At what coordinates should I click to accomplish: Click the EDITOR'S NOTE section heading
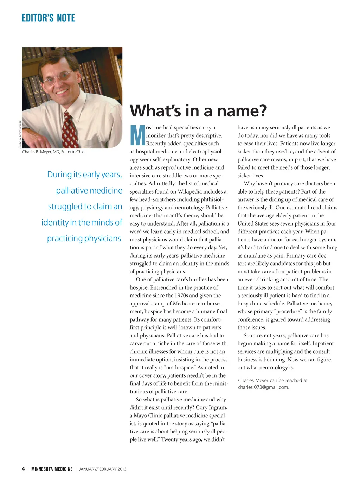[x=48, y=18]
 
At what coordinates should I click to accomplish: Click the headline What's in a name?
[x=198, y=110]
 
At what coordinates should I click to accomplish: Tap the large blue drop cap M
[x=137, y=135]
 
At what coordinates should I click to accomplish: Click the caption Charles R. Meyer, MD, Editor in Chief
[x=54, y=152]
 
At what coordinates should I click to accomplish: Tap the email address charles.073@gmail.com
[x=263, y=387]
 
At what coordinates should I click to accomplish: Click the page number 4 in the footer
[x=23, y=469]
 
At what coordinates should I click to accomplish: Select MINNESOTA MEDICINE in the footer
[x=52, y=469]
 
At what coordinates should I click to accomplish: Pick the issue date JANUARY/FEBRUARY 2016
[x=103, y=469]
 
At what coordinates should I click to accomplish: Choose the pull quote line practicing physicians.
[x=85, y=239]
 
